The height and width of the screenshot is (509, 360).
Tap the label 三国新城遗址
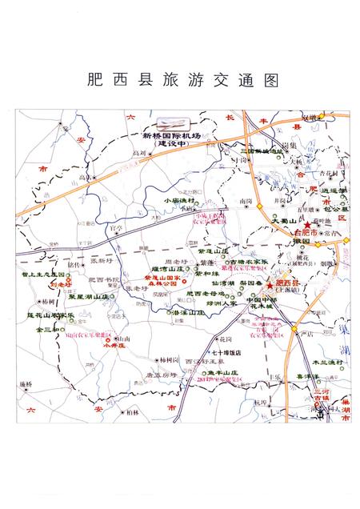coord(265,150)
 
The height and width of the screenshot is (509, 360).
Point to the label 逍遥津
coord(330,190)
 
